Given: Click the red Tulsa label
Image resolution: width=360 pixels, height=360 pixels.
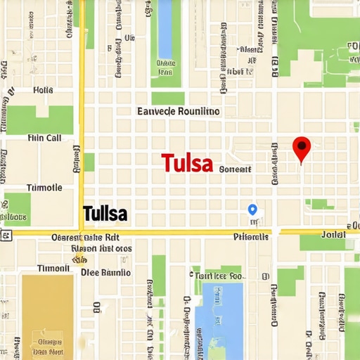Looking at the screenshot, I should (x=187, y=163).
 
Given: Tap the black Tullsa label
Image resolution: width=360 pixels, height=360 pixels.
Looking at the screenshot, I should (x=105, y=212).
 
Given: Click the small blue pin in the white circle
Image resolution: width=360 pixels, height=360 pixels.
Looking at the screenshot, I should (x=252, y=210).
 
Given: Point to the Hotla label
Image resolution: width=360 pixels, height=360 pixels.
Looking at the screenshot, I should (x=43, y=91).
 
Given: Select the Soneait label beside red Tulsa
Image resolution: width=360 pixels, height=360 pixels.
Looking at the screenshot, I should (x=235, y=169).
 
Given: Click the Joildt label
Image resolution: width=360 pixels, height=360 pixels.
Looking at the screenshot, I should (x=333, y=233).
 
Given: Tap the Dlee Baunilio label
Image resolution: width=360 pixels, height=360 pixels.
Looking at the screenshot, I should (x=105, y=272).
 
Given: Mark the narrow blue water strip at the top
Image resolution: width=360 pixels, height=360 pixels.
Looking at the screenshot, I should (x=165, y=28).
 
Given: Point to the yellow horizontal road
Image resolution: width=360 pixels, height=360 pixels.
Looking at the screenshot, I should (x=176, y=231).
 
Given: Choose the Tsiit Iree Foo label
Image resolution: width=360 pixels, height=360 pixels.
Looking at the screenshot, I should (x=218, y=277).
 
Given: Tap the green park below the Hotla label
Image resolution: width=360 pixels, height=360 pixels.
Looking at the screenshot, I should (x=39, y=120).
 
